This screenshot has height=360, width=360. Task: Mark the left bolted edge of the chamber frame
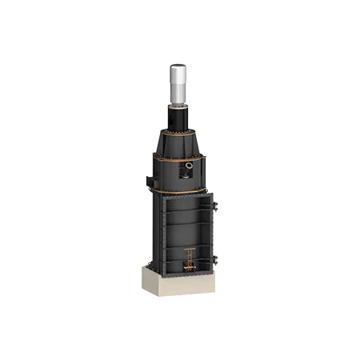[x=162, y=236]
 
